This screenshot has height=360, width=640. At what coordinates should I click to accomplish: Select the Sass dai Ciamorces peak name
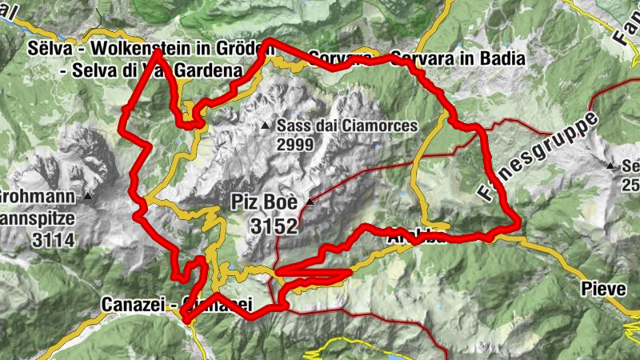[347, 126]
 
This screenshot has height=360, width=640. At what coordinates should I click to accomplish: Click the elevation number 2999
[294, 144]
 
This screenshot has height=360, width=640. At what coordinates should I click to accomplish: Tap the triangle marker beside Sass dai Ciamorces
[265, 126]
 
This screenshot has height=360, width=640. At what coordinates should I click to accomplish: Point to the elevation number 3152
[273, 227]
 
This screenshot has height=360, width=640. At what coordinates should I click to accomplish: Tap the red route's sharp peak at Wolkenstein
[155, 52]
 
